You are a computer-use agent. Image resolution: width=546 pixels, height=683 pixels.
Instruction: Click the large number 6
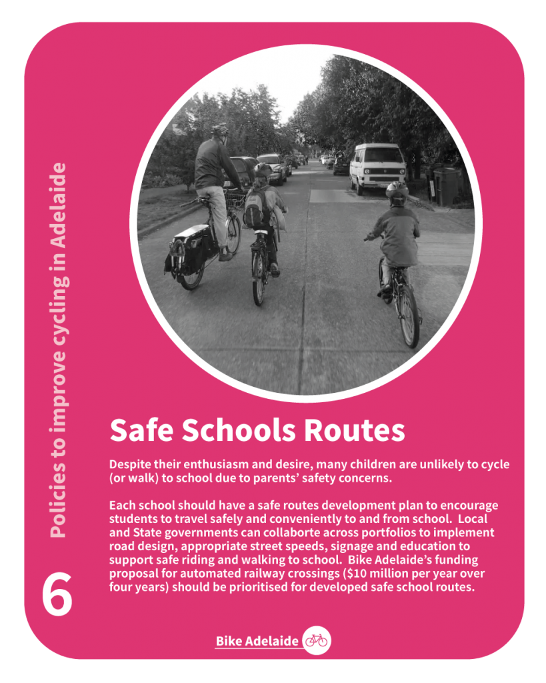[x=57, y=595]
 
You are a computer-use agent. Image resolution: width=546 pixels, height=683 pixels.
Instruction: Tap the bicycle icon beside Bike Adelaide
[x=316, y=641]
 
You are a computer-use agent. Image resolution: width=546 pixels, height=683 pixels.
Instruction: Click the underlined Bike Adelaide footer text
[x=257, y=642]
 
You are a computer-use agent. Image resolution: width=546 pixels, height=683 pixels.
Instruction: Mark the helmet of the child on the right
[x=397, y=191]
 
